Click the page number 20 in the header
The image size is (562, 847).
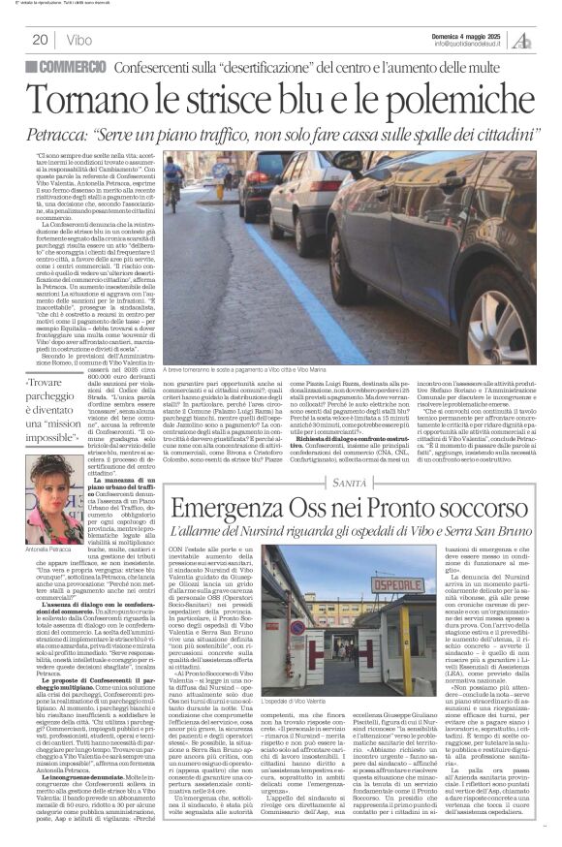click(40, 39)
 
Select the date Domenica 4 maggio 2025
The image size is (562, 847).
click(466, 34)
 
